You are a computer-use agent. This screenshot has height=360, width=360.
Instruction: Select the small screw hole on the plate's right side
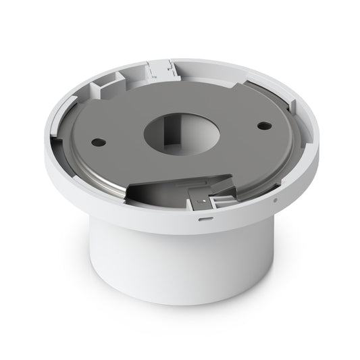[260, 125]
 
